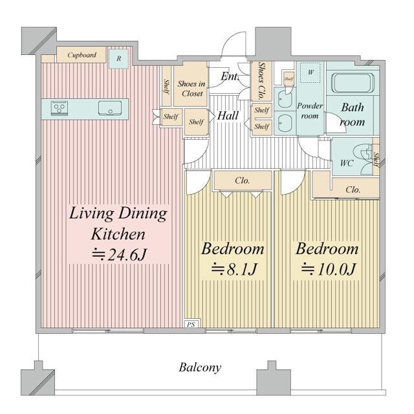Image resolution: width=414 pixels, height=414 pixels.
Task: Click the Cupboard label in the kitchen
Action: click(x=82, y=55)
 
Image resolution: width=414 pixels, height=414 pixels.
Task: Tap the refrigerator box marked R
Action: click(x=119, y=58)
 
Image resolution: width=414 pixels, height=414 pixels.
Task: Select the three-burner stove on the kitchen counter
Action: click(x=60, y=108)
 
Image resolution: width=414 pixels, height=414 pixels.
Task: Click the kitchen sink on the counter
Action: click(x=110, y=108)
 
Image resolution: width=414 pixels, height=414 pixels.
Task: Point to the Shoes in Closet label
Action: click(x=191, y=89)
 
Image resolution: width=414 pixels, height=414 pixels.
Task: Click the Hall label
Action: click(x=228, y=116)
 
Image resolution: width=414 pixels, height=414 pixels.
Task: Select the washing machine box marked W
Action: click(x=310, y=72)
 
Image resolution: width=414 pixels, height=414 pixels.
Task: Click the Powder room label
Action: click(x=310, y=111)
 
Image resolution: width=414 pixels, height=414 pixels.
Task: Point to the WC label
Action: click(x=347, y=163)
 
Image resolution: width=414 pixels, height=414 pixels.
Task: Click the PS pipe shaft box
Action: click(x=191, y=323)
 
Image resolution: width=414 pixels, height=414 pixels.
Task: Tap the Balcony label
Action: click(x=200, y=367)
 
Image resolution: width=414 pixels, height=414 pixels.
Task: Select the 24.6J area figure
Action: click(x=119, y=255)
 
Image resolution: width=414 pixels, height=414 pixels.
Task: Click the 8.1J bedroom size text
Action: click(x=235, y=269)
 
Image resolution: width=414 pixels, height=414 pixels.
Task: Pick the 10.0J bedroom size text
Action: click(x=329, y=269)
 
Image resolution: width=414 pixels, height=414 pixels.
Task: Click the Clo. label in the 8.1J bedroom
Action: click(x=243, y=180)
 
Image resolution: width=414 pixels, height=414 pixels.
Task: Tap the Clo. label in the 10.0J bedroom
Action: click(x=353, y=190)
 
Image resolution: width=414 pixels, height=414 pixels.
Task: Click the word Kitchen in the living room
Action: click(x=118, y=234)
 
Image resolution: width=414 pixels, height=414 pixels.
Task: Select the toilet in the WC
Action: click(x=364, y=159)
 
